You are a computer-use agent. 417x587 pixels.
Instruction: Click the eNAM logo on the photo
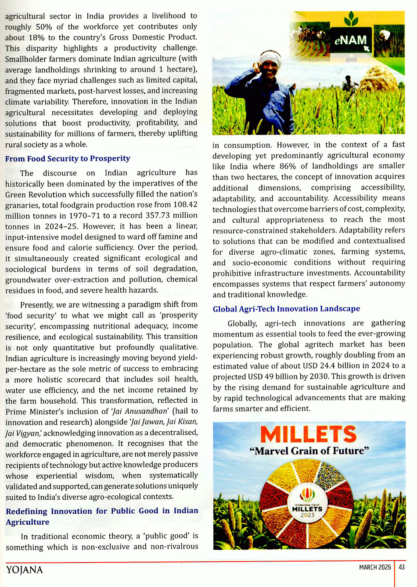[x=350, y=40]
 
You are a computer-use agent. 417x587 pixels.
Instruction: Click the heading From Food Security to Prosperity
[x=68, y=158]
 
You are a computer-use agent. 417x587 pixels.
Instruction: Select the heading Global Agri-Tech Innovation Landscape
[x=286, y=309]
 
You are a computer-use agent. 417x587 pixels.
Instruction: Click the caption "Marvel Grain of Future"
[x=309, y=451]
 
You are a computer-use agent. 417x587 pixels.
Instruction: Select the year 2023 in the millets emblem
[x=308, y=515]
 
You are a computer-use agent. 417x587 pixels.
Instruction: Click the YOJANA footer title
[x=25, y=570]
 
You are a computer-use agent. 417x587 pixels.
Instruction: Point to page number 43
[x=402, y=567]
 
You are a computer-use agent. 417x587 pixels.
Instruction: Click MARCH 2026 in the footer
[x=375, y=567]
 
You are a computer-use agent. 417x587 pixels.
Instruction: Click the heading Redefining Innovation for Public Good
[x=102, y=511]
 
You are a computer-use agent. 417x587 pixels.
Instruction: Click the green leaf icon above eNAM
[x=351, y=18]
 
